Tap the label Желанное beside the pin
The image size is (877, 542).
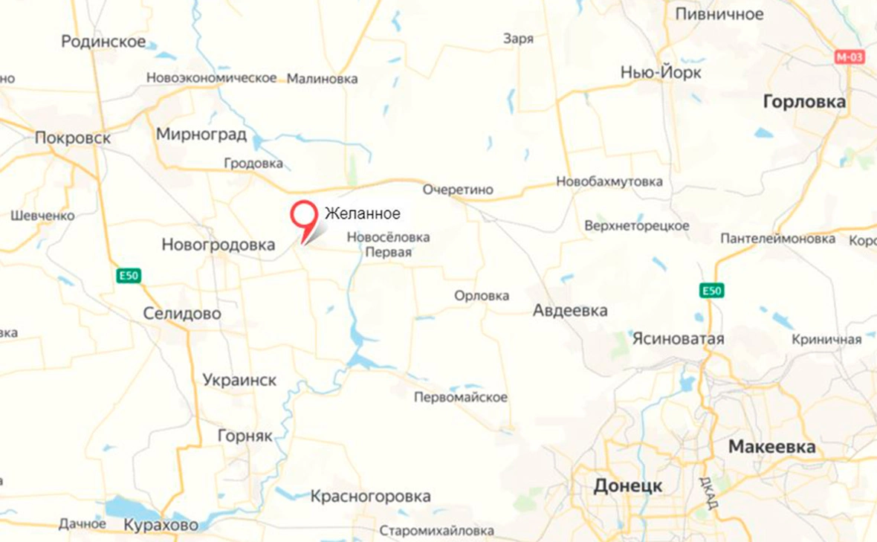coord(363,214)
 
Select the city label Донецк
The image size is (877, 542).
coord(627,486)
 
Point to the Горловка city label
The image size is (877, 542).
coord(805,103)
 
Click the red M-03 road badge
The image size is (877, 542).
coord(850,57)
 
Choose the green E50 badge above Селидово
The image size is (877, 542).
coord(129,276)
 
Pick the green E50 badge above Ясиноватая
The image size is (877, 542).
coord(711,290)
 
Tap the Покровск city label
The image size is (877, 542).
coord(73,138)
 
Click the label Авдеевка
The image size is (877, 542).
coord(570,311)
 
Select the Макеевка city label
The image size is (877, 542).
coord(771,447)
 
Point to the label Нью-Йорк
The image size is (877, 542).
coord(661,73)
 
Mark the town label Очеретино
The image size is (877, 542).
coord(458,190)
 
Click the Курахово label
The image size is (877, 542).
coord(161,525)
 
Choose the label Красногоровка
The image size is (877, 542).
coord(370,496)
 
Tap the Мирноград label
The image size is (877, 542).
coord(201,134)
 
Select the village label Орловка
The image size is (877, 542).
coord(482,296)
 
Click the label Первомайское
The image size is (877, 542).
coord(461,397)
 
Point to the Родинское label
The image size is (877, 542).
coord(103,42)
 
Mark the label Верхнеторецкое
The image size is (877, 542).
coord(637,225)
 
